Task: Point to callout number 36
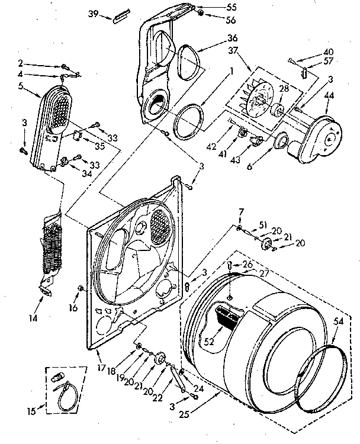pos(216,38)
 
